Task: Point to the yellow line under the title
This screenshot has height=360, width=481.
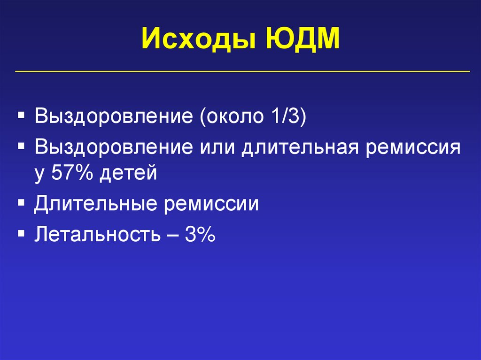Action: (242, 72)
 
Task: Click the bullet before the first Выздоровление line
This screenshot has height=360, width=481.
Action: (22, 115)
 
